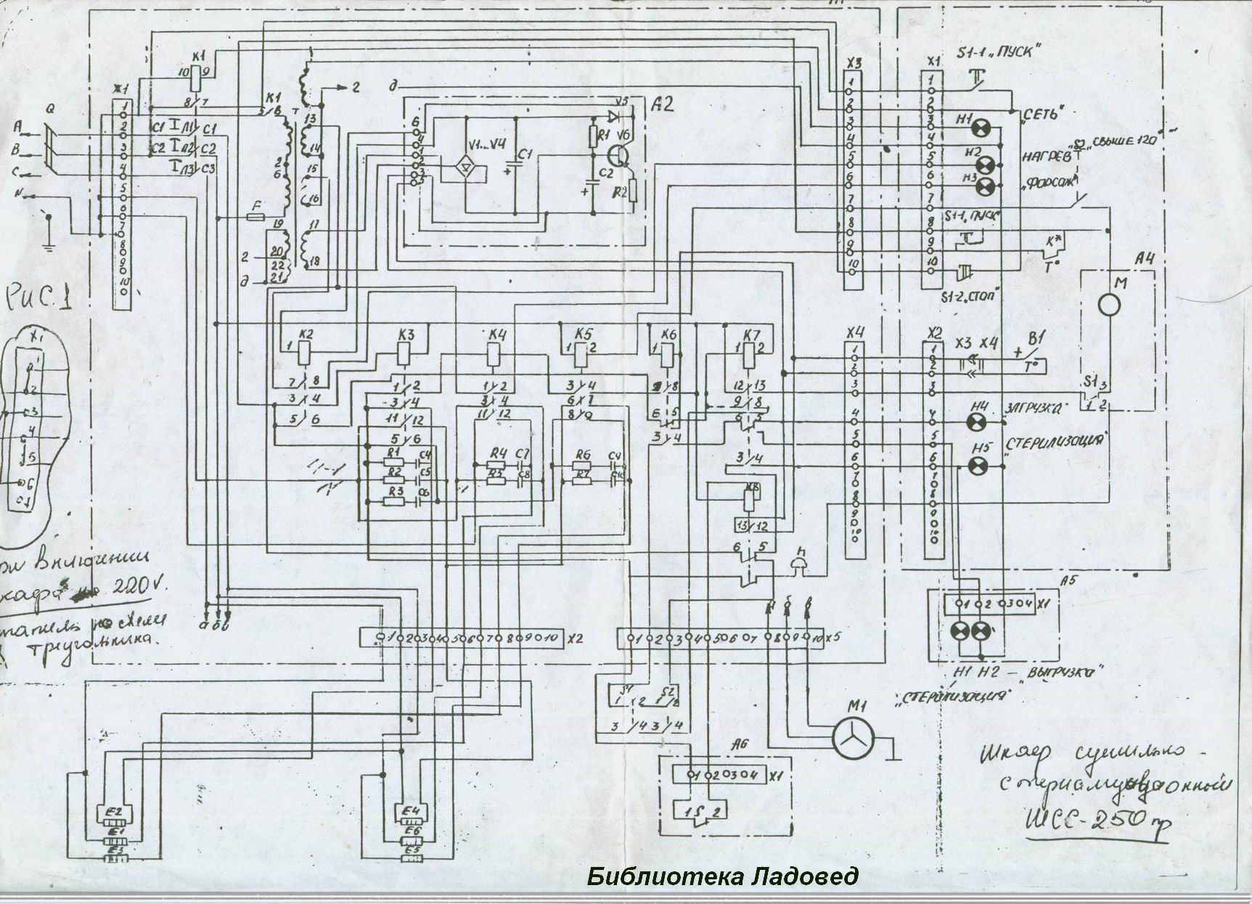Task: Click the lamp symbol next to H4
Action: click(x=981, y=422)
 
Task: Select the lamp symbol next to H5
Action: click(x=981, y=465)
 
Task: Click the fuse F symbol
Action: click(x=256, y=216)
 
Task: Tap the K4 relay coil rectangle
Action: click(x=494, y=353)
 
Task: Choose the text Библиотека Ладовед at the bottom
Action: click(x=722, y=876)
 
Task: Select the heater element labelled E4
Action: click(x=412, y=810)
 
